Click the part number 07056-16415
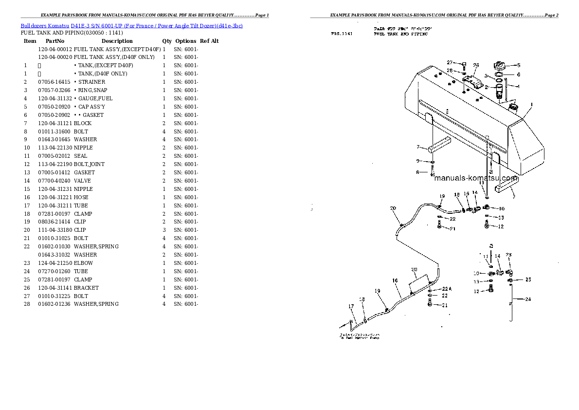[54, 82]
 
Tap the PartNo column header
[54, 41]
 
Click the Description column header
[117, 41]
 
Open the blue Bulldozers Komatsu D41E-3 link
[131, 25]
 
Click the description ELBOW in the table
[83, 263]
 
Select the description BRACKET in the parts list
[86, 288]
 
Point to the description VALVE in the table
[83, 181]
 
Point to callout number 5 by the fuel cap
[518, 65]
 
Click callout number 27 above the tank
[450, 62]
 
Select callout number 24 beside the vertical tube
[528, 299]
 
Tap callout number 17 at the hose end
[351, 306]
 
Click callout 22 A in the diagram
[446, 289]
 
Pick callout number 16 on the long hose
[395, 280]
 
